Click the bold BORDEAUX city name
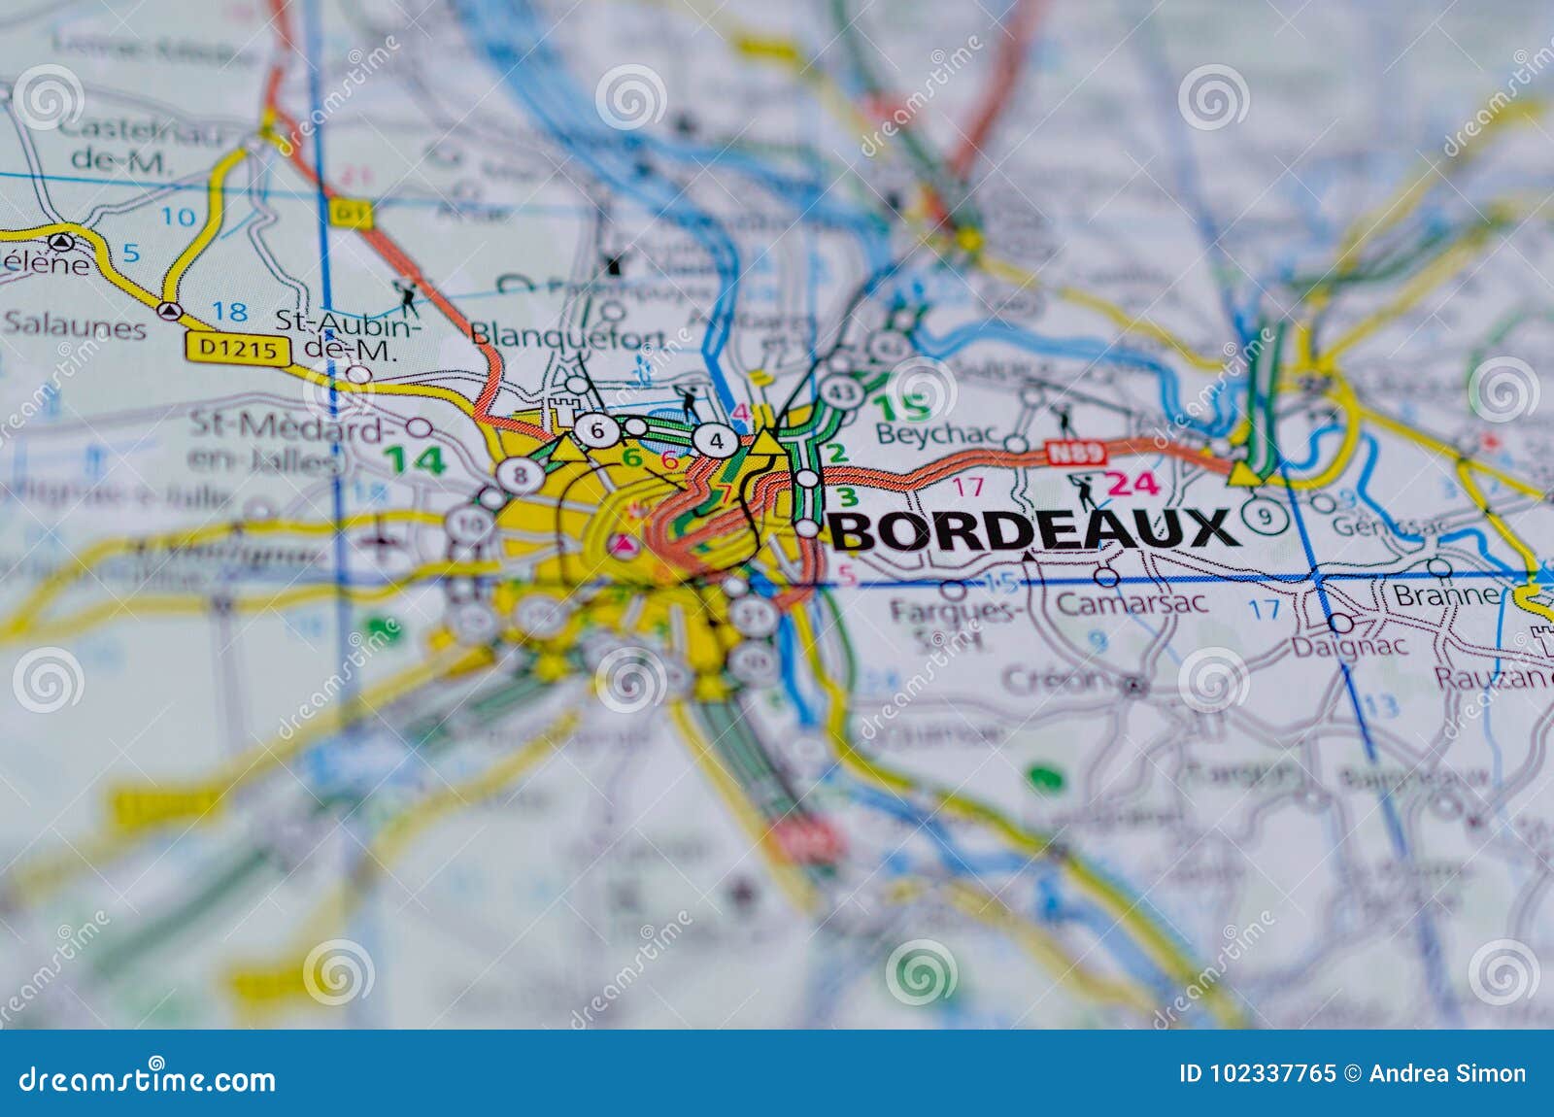point(1032,530)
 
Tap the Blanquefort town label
point(567,335)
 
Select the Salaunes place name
point(74,326)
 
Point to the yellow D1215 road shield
point(238,349)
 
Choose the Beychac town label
point(938,434)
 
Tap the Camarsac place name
point(1132,602)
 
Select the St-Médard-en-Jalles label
point(276,442)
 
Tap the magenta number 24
point(1132,483)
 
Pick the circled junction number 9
point(1264,516)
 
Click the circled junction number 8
point(520,475)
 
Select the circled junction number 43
point(840,390)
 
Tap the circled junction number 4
point(716,441)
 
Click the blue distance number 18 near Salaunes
point(229,312)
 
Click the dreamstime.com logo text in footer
point(148,1079)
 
